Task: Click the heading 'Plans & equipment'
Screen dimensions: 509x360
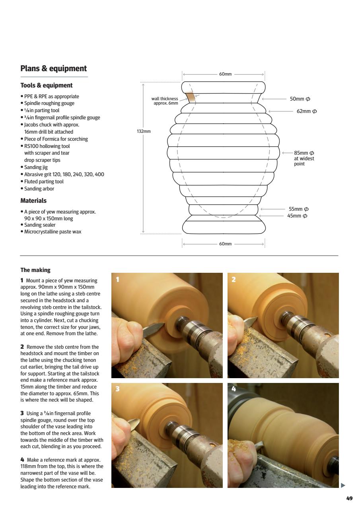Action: click(54, 68)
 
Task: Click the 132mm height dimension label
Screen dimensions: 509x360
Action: click(143, 131)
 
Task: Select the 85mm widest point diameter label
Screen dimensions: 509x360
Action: click(304, 153)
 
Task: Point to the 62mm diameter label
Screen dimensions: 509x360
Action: click(306, 111)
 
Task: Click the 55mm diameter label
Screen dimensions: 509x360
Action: click(298, 209)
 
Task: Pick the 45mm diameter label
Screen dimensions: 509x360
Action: click(297, 216)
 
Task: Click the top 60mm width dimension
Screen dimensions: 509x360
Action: click(225, 74)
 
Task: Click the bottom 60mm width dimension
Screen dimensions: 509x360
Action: click(225, 244)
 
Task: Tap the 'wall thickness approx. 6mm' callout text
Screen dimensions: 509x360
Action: click(165, 101)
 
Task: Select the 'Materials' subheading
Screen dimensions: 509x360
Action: click(33, 201)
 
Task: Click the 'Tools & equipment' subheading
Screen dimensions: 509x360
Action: click(47, 85)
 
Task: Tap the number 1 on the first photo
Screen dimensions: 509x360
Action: click(117, 280)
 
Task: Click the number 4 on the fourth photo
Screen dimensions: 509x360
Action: click(234, 389)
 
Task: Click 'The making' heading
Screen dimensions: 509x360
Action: click(35, 270)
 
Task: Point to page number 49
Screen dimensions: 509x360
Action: click(349, 498)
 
